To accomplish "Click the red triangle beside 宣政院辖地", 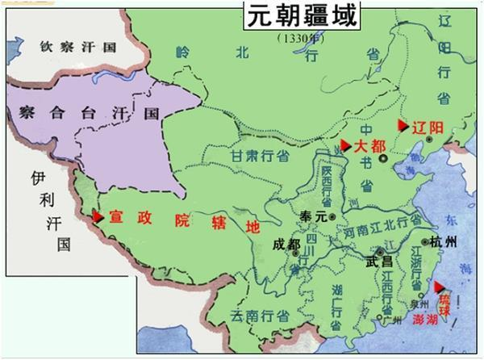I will click(x=98, y=216).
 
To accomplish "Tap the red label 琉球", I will click(x=444, y=300).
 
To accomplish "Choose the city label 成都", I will click(x=286, y=244).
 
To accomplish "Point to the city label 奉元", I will click(x=311, y=216).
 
